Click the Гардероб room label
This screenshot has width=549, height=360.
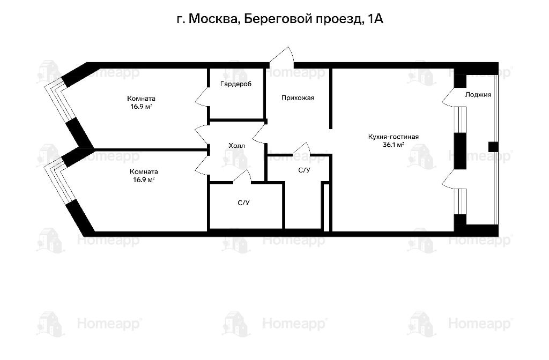(x=236, y=84)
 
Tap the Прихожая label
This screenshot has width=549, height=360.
(x=298, y=98)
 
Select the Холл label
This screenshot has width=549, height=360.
(x=236, y=146)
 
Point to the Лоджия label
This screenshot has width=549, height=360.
(x=478, y=95)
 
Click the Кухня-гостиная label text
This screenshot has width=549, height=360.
(x=393, y=137)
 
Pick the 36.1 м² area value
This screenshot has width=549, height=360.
(x=393, y=145)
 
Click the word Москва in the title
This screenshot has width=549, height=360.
(x=212, y=19)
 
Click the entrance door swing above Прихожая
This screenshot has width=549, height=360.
(x=282, y=56)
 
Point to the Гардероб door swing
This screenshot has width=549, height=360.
(x=202, y=96)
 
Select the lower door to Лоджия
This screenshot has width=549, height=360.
(x=449, y=179)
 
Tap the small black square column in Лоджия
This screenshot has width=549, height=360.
(x=493, y=147)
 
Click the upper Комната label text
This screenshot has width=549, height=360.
(x=141, y=99)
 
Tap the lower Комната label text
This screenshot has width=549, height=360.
(x=144, y=172)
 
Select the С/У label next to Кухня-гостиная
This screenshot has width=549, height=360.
(x=304, y=170)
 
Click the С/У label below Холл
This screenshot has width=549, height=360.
(x=243, y=203)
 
